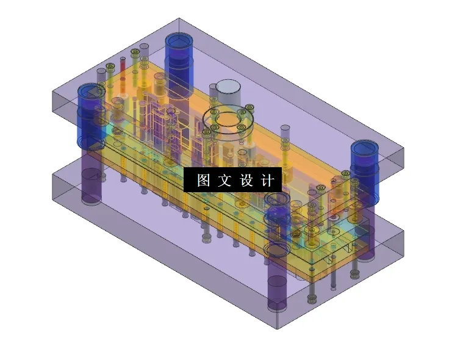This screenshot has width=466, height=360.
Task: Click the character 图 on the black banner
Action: click(203, 181)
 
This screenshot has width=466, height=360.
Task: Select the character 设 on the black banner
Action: click(246, 181)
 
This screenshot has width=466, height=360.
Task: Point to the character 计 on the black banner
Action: click(268, 181)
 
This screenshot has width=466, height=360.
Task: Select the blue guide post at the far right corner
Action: click(365, 171)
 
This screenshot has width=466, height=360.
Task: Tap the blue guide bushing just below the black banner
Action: click(278, 214)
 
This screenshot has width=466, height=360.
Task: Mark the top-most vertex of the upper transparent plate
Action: click(179, 18)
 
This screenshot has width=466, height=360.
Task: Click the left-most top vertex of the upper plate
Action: click(53, 92)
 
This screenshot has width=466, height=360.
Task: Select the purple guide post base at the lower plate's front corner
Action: click(278, 292)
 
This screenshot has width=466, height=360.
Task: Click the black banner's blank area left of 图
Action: click(190, 181)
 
